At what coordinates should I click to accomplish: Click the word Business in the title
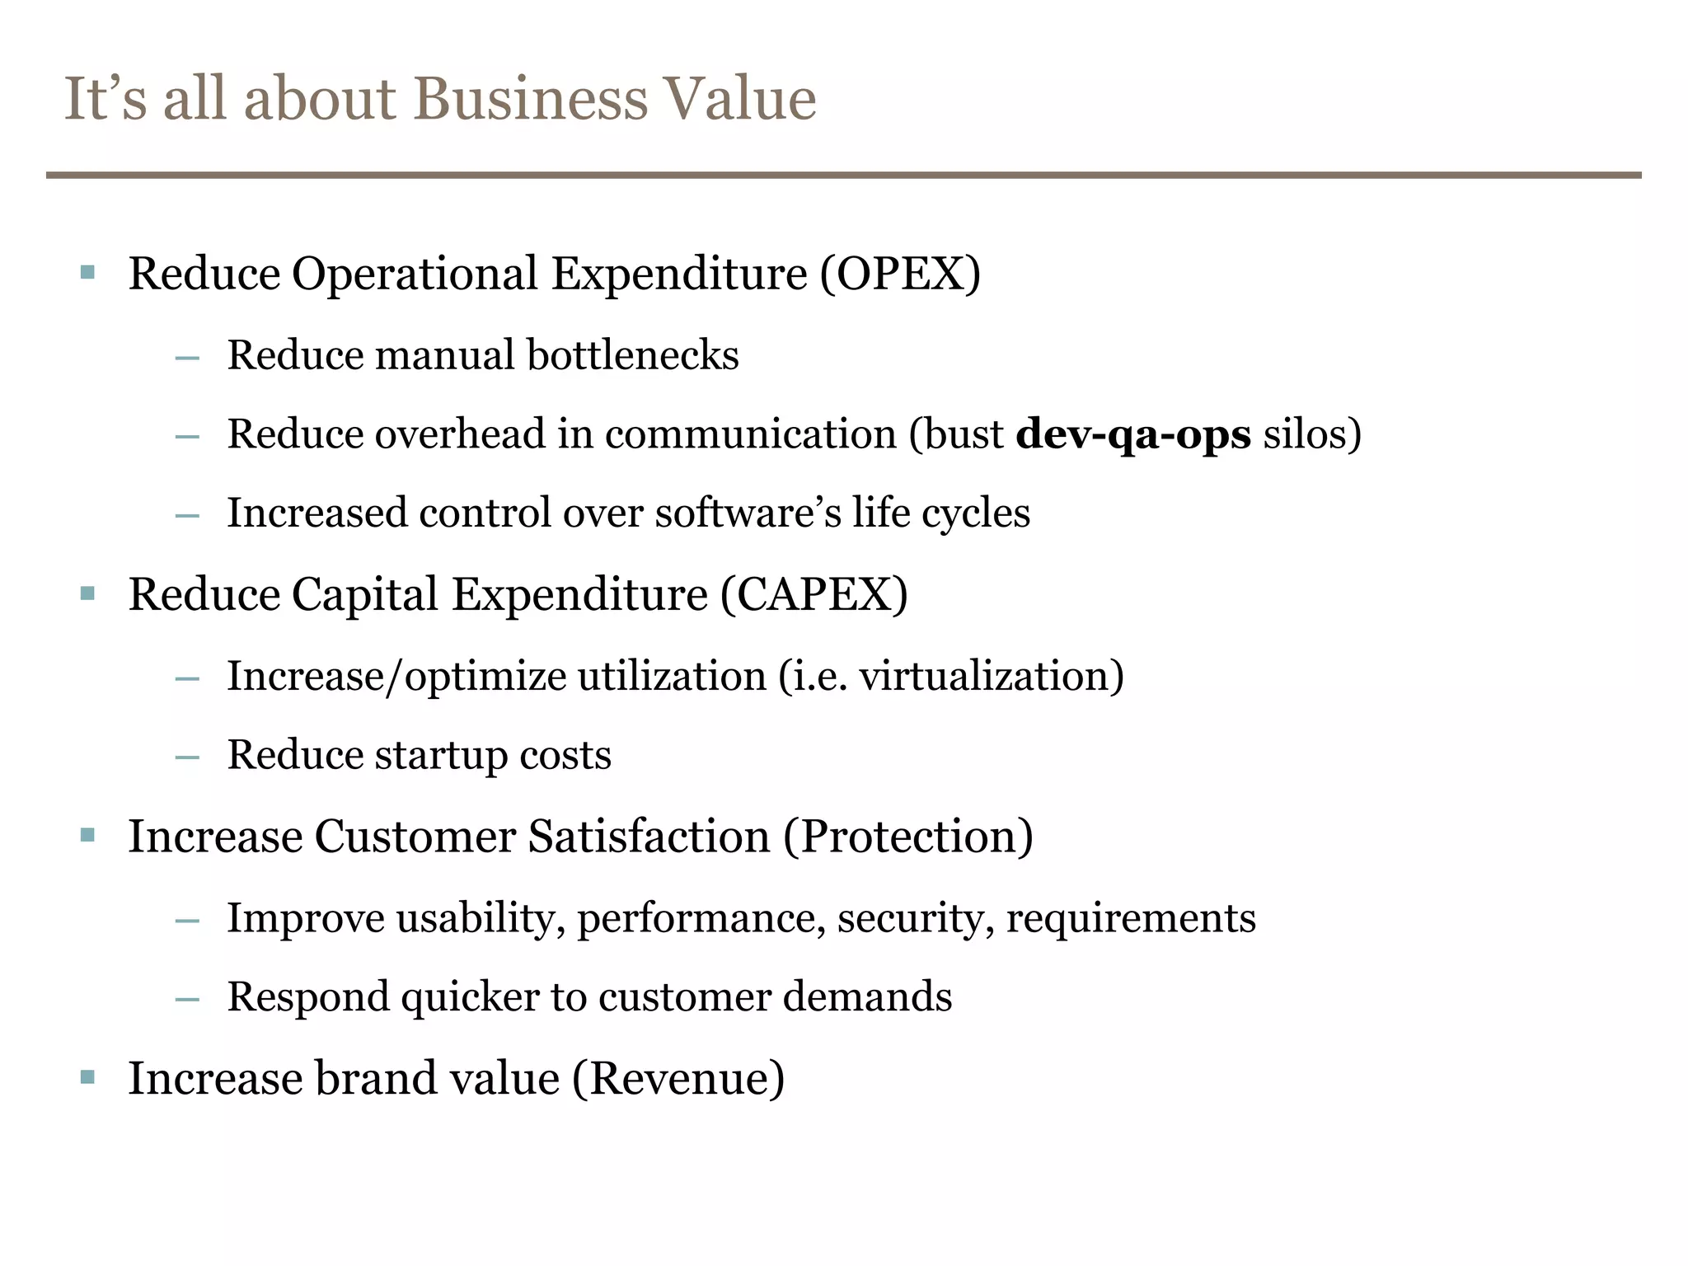coord(530,99)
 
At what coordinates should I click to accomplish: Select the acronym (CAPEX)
coord(814,594)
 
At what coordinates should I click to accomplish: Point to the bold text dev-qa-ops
coord(1133,434)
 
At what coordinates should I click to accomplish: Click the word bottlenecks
coord(632,355)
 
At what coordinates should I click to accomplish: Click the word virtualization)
coord(992,676)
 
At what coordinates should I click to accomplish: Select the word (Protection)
coord(907,837)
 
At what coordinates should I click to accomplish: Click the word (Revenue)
coord(678,1078)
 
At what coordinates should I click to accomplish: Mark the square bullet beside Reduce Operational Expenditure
coord(88,272)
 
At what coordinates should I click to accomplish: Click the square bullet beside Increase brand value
coord(88,1076)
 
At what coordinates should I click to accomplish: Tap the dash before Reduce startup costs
coord(188,757)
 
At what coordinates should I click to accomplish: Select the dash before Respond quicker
coord(188,999)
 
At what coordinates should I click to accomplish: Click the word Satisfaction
coord(649,837)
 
